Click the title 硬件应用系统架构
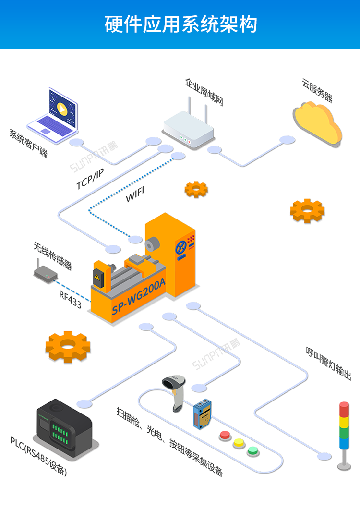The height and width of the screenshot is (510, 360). (x=180, y=24)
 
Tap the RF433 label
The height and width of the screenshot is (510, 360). (x=70, y=299)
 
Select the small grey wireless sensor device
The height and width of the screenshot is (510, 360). (x=46, y=274)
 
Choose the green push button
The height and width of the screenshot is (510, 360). (x=253, y=451)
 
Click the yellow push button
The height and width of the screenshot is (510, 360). (x=239, y=443)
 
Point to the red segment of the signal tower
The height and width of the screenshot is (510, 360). (x=344, y=409)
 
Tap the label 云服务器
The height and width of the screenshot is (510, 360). (x=317, y=90)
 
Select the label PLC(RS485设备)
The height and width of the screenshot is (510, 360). (x=38, y=456)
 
